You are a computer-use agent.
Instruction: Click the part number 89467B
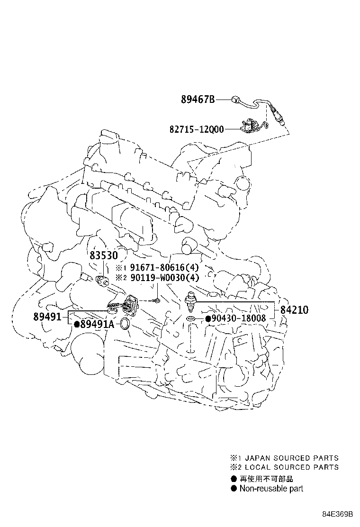(x=198, y=100)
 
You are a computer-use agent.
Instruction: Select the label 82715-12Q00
(x=197, y=129)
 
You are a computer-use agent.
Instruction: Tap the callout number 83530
(x=104, y=255)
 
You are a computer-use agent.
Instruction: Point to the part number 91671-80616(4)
(x=164, y=268)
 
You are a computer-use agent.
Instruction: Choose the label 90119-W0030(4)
(x=164, y=278)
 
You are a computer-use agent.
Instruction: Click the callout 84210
(x=294, y=309)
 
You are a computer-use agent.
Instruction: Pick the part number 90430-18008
(x=238, y=318)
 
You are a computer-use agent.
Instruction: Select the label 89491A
(x=98, y=324)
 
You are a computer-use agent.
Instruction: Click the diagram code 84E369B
(x=337, y=514)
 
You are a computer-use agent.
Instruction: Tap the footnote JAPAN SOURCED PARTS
(x=291, y=458)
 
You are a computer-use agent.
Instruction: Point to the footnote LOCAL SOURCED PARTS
(x=291, y=467)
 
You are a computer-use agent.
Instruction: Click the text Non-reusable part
(x=271, y=488)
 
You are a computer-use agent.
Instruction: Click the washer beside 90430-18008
(x=191, y=318)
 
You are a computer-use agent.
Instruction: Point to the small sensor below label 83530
(x=101, y=280)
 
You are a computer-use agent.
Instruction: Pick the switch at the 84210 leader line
(x=190, y=301)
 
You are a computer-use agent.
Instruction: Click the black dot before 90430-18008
(x=208, y=318)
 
